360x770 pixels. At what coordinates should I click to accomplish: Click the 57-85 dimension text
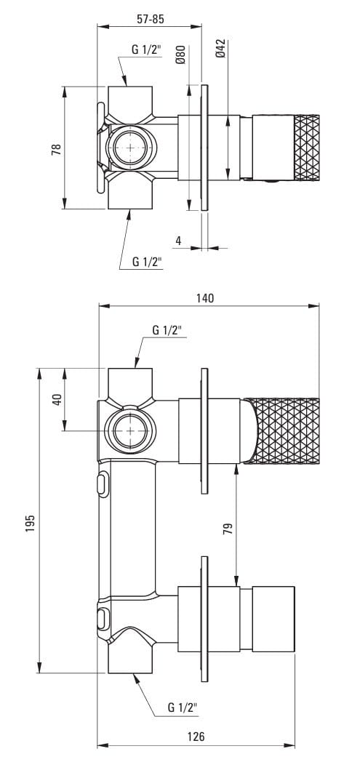pyautogui.click(x=150, y=19)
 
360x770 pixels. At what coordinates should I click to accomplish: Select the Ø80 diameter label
pyautogui.click(x=180, y=55)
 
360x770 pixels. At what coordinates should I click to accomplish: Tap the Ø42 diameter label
pyautogui.click(x=220, y=49)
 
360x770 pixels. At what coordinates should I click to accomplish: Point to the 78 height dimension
pyautogui.click(x=56, y=149)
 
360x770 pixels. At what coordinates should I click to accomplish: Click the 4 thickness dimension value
pyautogui.click(x=179, y=241)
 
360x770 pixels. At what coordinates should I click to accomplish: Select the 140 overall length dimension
pyautogui.click(x=205, y=298)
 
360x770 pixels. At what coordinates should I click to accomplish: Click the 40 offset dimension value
pyautogui.click(x=57, y=399)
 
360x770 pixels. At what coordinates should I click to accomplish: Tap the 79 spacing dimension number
pyautogui.click(x=228, y=529)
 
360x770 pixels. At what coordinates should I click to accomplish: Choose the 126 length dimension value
pyautogui.click(x=196, y=737)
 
